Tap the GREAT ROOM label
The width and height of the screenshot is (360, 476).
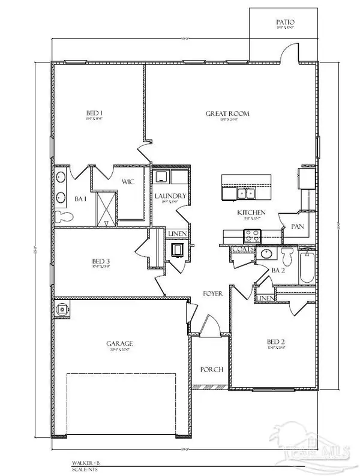pyautogui.click(x=227, y=113)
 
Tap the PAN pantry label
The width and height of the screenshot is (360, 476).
pyautogui.click(x=297, y=227)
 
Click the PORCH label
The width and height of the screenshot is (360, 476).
pyautogui.click(x=213, y=370)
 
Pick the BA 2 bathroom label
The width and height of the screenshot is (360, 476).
pyautogui.click(x=278, y=271)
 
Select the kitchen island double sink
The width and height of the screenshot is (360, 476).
pyautogui.click(x=245, y=193)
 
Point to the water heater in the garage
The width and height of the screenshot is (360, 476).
pyautogui.click(x=62, y=309)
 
